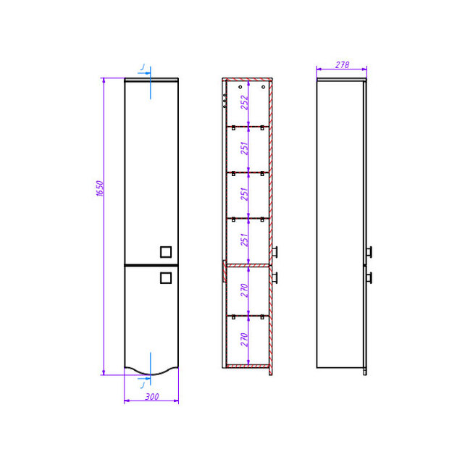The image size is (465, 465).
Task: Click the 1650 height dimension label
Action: click(x=100, y=188)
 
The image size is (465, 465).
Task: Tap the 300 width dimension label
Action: click(x=152, y=396)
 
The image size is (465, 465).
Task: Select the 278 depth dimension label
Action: click(x=342, y=64)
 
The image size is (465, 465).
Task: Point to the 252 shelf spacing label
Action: click(x=244, y=102)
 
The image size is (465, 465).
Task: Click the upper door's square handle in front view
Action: click(x=166, y=252)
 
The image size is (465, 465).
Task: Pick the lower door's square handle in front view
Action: click(x=166, y=278)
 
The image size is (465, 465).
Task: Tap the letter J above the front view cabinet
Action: click(x=143, y=67)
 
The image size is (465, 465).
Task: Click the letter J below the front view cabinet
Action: click(x=143, y=385)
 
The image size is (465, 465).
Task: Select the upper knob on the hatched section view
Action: click(x=275, y=252)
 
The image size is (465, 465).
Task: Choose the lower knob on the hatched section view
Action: click(x=275, y=278)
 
